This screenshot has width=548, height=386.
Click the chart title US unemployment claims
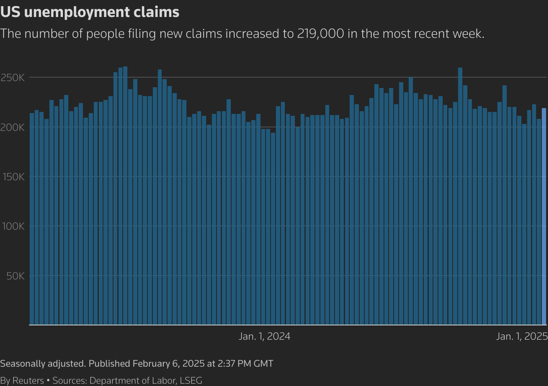click(x=90, y=12)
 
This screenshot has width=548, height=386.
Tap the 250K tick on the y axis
click(x=13, y=78)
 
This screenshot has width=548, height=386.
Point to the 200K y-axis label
click(x=13, y=127)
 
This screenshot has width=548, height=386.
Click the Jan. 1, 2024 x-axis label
click(x=264, y=337)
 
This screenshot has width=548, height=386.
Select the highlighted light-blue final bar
click(x=544, y=216)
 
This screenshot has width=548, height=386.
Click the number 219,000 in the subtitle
click(x=320, y=34)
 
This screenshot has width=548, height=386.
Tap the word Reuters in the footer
click(x=28, y=381)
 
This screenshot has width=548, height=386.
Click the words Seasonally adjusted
click(x=42, y=364)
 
